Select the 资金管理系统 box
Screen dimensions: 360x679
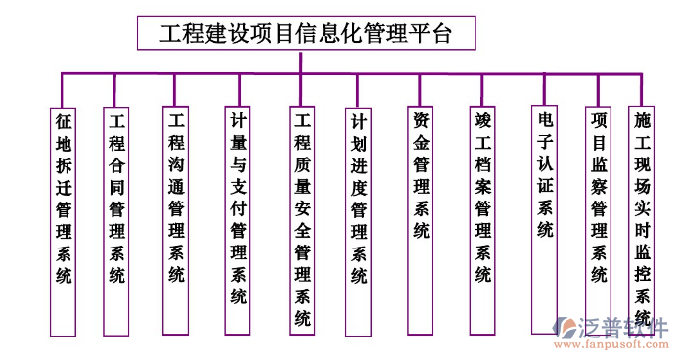(421, 177)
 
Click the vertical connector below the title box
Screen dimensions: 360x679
(302, 61)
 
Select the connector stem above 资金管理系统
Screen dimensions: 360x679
(420, 89)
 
